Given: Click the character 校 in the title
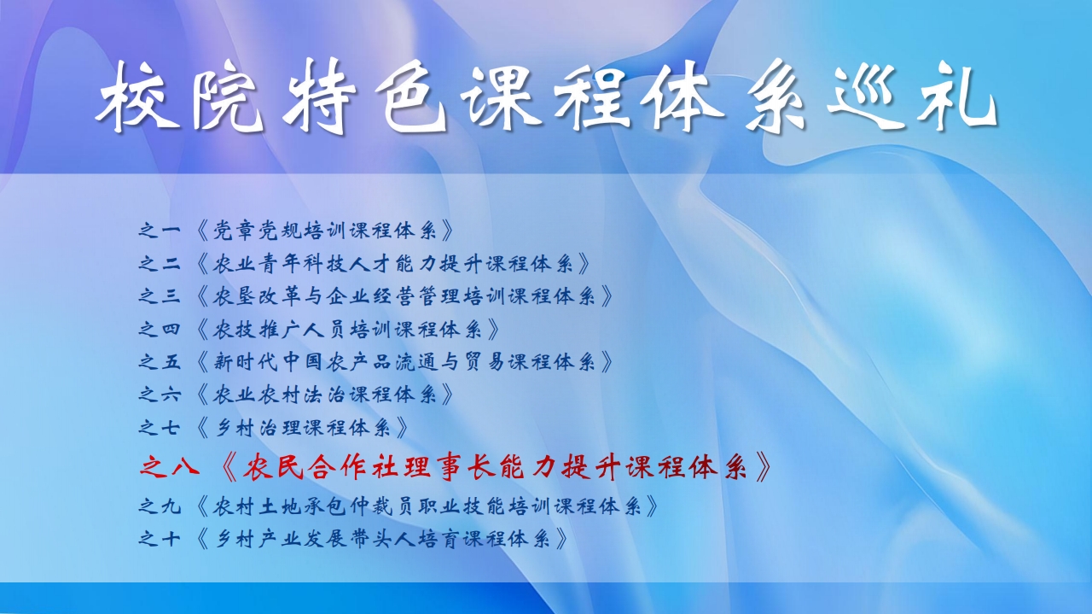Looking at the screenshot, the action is [x=137, y=96].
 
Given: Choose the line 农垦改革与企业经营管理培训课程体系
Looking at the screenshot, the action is [x=404, y=295].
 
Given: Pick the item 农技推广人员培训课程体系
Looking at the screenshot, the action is [x=348, y=329].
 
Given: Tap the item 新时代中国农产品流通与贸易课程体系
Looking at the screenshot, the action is [x=404, y=362].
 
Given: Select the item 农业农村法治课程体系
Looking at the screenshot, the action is [x=325, y=395].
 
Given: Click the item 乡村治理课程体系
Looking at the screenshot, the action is [x=302, y=428].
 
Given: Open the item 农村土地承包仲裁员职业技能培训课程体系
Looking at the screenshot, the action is [x=427, y=506].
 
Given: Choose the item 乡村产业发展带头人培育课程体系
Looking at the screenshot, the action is [x=382, y=539].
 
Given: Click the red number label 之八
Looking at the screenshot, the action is [x=169, y=467].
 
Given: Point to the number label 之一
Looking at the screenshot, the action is [x=160, y=231].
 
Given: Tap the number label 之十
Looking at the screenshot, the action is [x=160, y=539].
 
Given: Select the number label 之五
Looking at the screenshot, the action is [x=160, y=362].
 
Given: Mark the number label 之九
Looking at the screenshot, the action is [x=160, y=506].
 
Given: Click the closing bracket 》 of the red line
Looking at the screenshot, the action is [x=763, y=467].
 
